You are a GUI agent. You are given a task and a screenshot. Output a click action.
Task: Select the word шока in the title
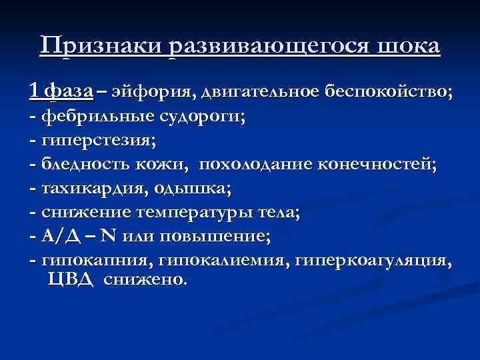(409, 47)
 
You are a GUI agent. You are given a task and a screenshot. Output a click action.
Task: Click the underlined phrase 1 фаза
(61, 91)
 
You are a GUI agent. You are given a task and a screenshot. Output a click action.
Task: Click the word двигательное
(250, 91)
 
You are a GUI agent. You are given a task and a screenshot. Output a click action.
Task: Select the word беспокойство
(389, 91)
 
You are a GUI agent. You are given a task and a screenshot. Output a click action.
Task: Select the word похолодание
(256, 165)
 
